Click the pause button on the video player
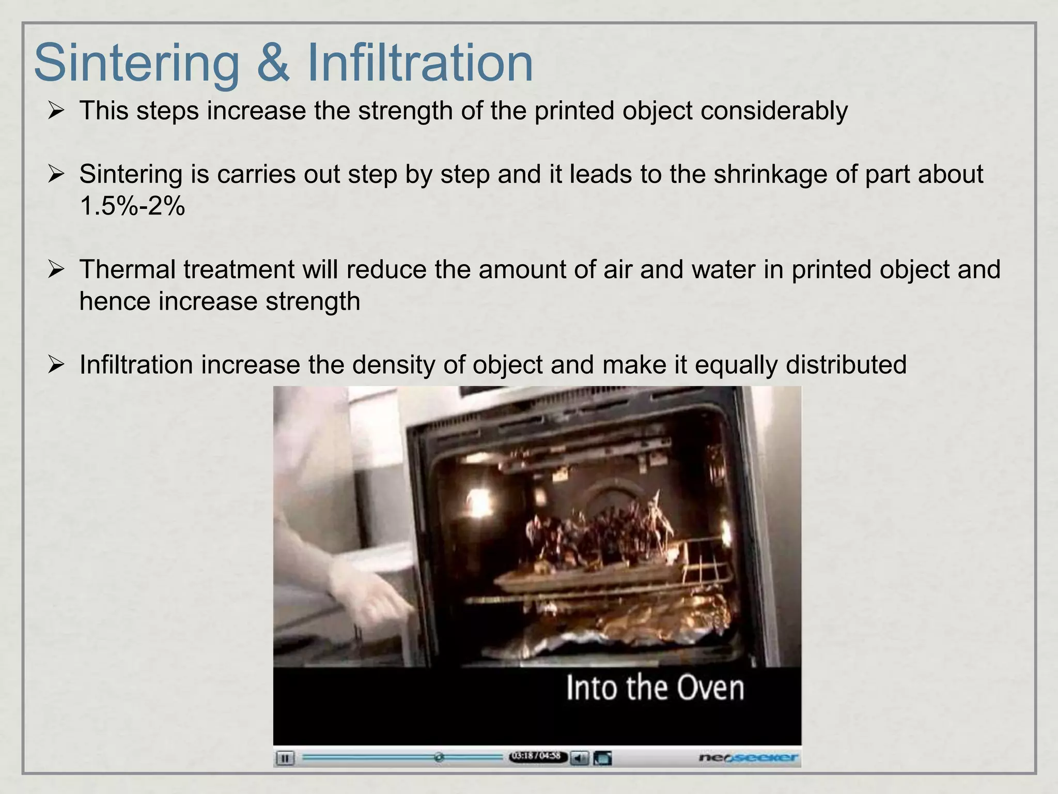[x=285, y=758]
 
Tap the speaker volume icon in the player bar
[x=580, y=758]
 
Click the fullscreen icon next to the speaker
[x=602, y=758]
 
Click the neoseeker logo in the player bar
[x=748, y=758]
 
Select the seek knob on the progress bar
[x=439, y=757]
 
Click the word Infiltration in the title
[x=419, y=63]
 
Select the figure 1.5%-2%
[x=132, y=206]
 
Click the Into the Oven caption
[x=655, y=688]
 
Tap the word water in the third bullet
[x=723, y=270]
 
